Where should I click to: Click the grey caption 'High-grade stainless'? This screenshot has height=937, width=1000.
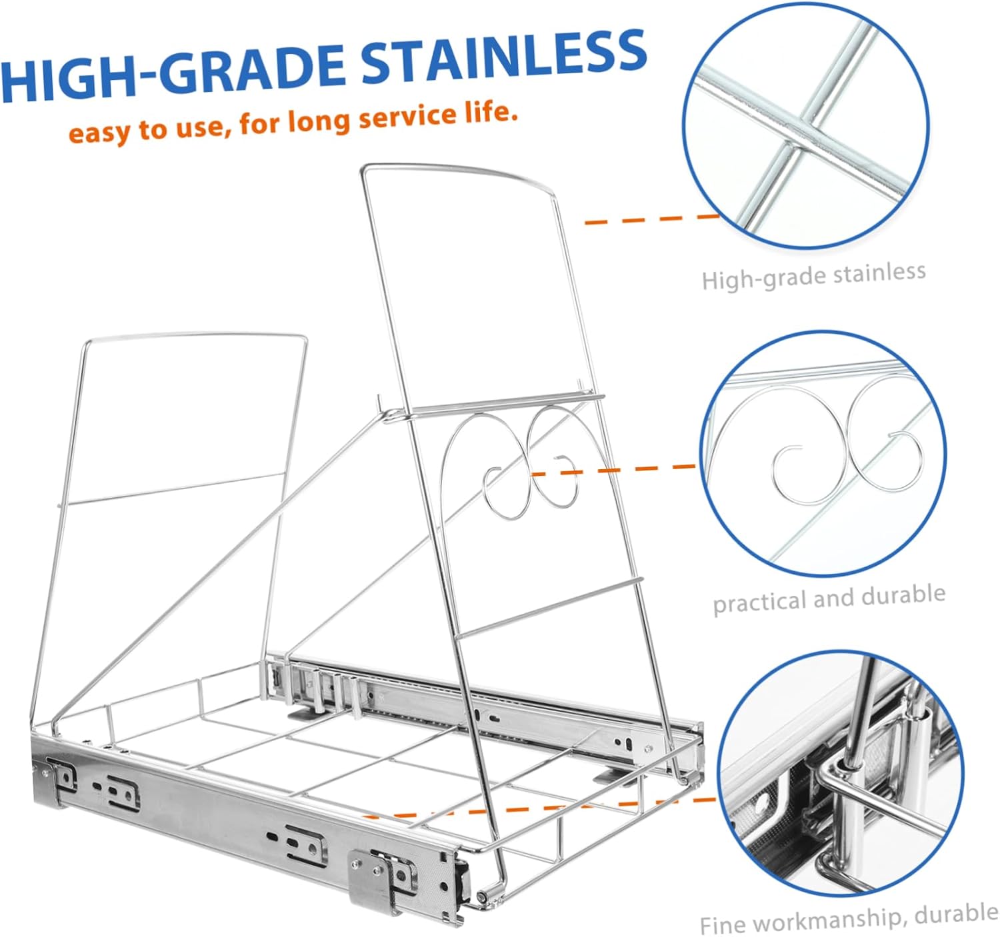pos(813,276)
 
